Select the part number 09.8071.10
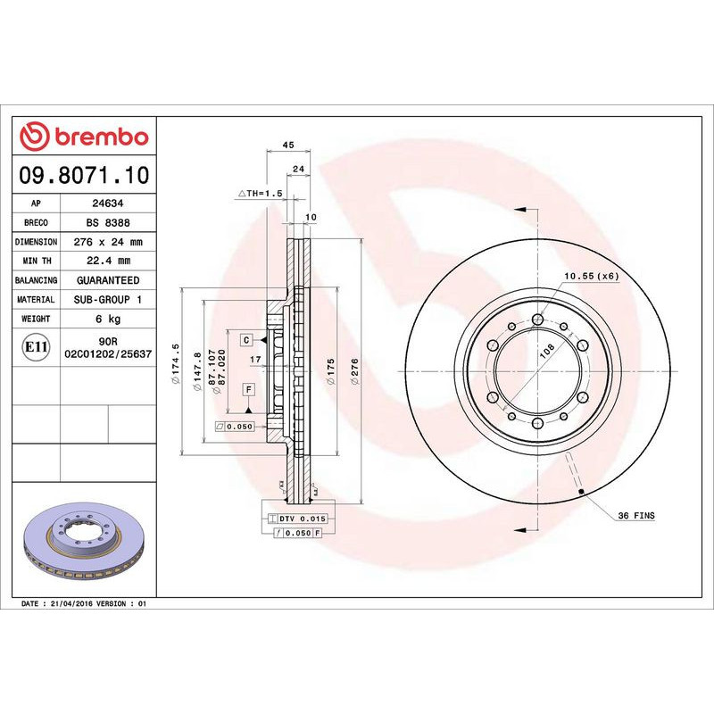pos(84,177)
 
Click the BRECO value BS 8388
pos(109,223)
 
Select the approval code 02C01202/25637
pos(108,354)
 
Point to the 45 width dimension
pos(287,145)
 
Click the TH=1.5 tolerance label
pos(260,193)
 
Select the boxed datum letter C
pos(245,340)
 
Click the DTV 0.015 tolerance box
pos(298,519)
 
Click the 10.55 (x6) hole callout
pos(590,276)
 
